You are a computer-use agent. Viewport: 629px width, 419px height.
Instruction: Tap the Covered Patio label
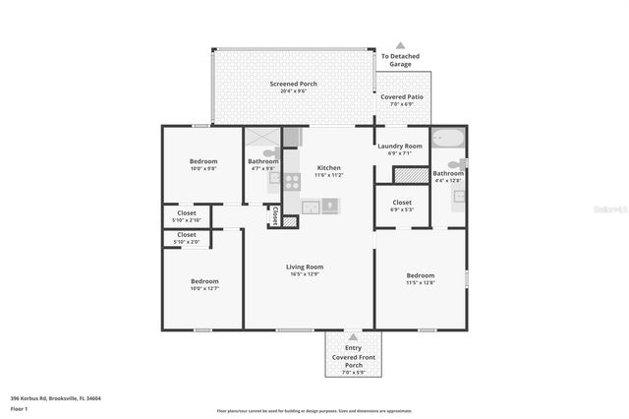[x=400, y=97]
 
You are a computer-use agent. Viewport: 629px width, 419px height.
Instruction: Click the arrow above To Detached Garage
[x=400, y=45]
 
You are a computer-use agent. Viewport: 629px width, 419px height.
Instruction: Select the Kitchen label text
[x=328, y=168]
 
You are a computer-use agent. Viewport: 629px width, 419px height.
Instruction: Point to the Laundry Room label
[x=399, y=147]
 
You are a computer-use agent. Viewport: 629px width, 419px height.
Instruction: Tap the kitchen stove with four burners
[x=291, y=181]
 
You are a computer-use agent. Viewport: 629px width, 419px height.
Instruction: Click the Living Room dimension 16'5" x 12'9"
[x=305, y=274]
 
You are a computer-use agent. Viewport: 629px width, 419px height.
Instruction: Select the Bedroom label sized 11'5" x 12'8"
[x=420, y=275]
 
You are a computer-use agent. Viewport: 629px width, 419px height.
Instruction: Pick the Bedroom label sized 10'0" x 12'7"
[x=204, y=281]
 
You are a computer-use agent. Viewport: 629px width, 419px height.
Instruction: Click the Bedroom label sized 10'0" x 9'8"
[x=203, y=161]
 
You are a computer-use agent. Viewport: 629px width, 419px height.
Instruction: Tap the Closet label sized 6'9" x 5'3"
[x=401, y=204]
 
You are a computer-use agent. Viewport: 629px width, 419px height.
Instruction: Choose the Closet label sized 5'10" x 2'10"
[x=186, y=212]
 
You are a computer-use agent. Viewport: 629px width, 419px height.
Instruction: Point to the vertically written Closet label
[x=275, y=214]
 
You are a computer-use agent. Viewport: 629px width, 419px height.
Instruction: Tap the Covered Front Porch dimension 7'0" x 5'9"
[x=352, y=372]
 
